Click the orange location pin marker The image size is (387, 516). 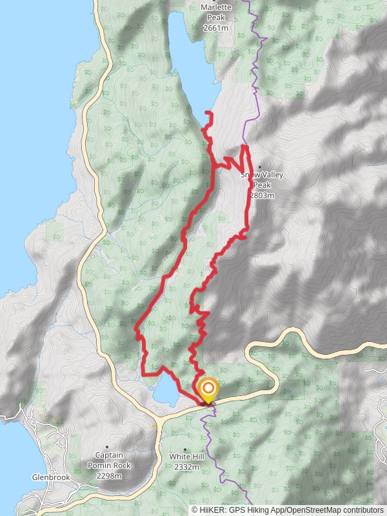tap(208, 389)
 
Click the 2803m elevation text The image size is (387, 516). tap(262, 195)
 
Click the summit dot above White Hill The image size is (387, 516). tap(186, 449)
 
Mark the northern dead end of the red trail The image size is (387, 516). tap(208, 114)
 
